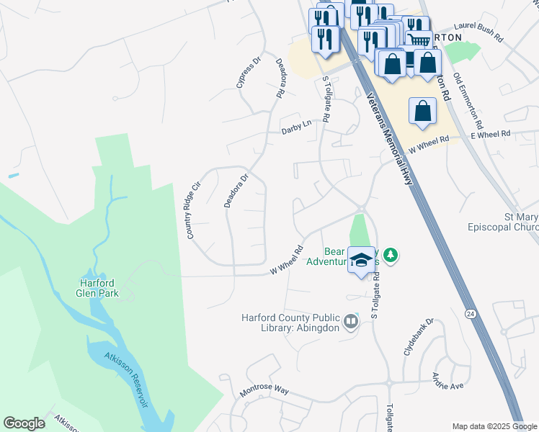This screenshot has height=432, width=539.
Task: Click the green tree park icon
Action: click(x=391, y=254)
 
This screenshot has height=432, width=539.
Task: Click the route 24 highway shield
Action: click(x=470, y=314)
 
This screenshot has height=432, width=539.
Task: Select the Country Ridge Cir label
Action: click(x=192, y=210)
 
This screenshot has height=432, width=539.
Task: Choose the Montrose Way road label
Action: click(x=264, y=390)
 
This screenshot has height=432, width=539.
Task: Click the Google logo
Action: click(x=24, y=423)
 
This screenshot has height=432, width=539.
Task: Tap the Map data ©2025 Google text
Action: click(x=494, y=426)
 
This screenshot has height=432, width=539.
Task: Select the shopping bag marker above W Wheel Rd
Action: click(x=422, y=112)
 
